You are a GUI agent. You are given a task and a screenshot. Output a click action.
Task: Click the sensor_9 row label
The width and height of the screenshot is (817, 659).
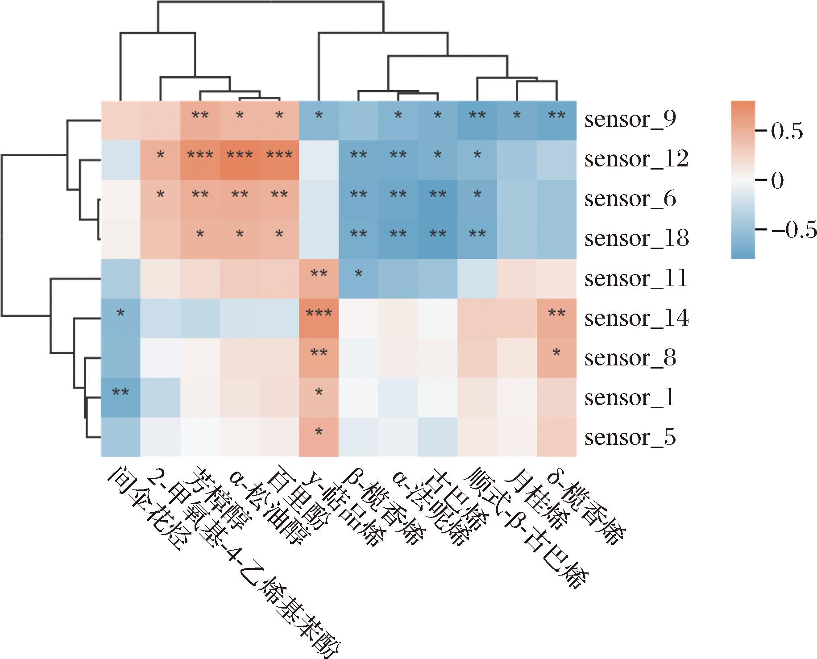coord(630,120)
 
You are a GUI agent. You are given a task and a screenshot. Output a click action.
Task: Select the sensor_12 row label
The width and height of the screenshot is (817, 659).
coord(636,159)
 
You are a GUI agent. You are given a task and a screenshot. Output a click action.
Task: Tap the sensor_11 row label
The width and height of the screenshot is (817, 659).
coord(636,278)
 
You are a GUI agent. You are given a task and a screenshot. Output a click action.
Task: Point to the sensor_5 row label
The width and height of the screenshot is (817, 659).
coord(630,437)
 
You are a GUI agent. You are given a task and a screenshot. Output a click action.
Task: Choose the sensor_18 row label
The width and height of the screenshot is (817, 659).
coord(636,239)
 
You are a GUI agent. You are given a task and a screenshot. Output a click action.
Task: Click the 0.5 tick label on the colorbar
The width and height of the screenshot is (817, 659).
coord(788,132)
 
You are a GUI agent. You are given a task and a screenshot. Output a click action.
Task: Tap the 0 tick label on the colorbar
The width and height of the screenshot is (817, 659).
coord(777,181)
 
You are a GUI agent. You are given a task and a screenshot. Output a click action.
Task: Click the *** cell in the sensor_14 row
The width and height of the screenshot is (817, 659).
coord(319,318)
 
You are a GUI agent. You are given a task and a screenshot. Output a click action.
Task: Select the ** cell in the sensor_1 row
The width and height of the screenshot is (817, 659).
coord(120,398)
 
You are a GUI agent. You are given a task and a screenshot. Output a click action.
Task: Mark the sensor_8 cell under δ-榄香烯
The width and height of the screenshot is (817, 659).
coord(556,358)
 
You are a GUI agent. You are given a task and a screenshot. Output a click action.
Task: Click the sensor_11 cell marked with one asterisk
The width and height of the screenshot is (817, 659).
coord(358,278)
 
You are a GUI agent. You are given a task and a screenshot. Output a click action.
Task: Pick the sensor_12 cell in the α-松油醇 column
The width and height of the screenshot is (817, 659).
coord(240,159)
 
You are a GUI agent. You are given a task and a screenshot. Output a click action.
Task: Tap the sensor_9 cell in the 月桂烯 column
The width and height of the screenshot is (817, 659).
coord(517,120)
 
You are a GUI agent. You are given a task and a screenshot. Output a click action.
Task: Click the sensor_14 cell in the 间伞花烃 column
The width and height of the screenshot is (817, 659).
coord(120,318)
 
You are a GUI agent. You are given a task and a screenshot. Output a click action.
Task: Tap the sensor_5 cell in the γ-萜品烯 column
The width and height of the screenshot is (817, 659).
coord(319,437)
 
